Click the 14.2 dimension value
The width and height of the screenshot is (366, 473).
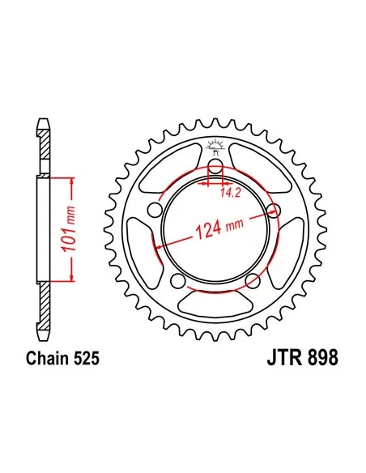click(231, 193)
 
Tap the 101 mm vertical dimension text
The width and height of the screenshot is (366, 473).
click(68, 229)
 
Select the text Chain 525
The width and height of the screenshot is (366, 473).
click(62, 358)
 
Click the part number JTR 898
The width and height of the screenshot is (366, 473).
click(302, 358)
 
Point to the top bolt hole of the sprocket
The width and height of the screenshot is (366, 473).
click(215, 165)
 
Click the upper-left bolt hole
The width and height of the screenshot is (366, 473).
click(155, 209)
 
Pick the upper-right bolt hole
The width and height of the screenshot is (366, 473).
click(274, 209)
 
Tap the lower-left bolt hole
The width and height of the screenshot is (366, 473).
click(177, 280)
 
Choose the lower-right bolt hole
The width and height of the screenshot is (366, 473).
click(253, 280)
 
